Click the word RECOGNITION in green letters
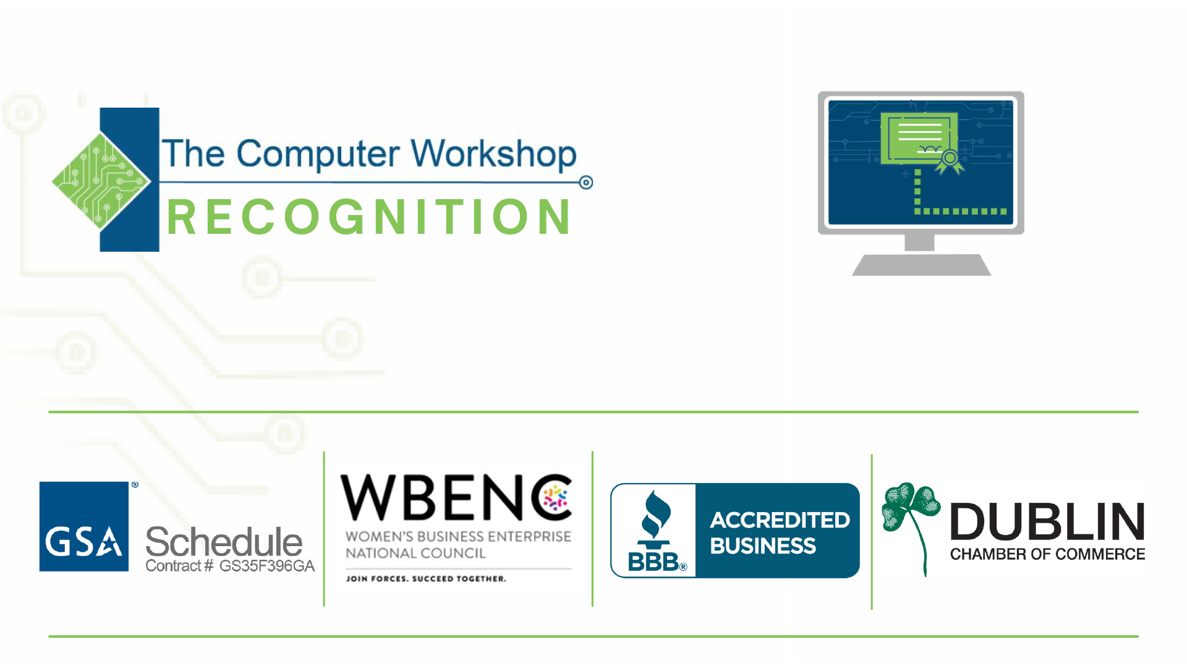coord(369,217)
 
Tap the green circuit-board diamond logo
coord(101,180)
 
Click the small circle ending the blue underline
coord(586,182)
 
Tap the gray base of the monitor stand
coord(921,265)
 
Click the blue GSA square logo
coord(84,526)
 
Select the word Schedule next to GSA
coord(224,542)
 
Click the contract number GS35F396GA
coord(267,566)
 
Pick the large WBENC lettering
coord(456,498)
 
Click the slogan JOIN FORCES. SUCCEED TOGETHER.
coord(426,579)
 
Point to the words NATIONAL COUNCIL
coord(415,553)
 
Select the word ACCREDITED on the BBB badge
coord(780,520)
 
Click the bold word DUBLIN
coord(1047,522)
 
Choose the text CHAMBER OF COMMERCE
coord(1047,554)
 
